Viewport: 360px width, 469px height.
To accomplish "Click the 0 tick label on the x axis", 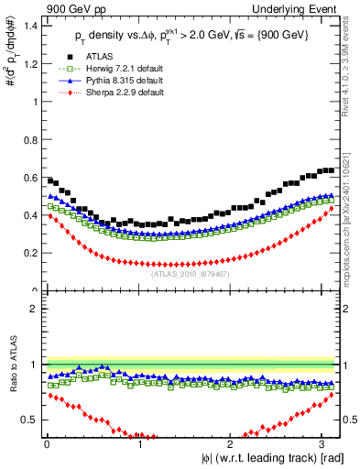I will click(x=47, y=445).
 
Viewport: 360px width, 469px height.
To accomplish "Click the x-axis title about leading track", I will click(x=272, y=459).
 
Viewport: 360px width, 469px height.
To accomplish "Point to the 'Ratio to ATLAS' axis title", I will click(x=12, y=366).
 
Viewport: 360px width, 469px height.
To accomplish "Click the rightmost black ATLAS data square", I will click(x=331, y=169).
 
